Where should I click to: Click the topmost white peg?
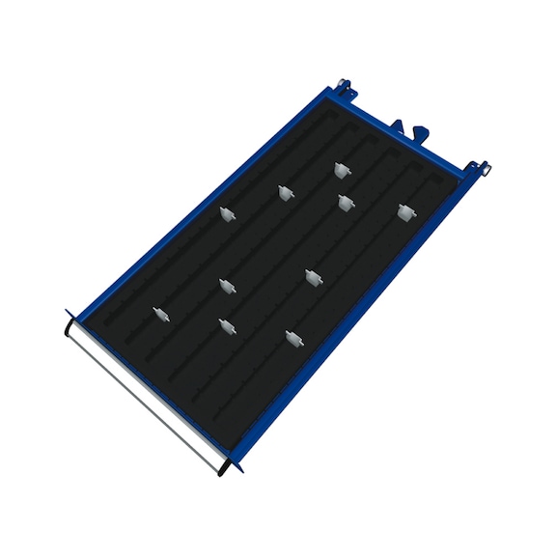(x=340, y=170)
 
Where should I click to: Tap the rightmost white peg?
(x=405, y=210)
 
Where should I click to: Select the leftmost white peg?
(x=160, y=315)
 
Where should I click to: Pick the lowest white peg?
(x=292, y=339)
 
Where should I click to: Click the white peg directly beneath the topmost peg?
(x=345, y=202)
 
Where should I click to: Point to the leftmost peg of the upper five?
(x=227, y=215)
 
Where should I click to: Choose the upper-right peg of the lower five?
(x=313, y=277)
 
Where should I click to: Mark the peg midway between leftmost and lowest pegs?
(x=227, y=326)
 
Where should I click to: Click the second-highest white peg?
(x=285, y=193)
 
